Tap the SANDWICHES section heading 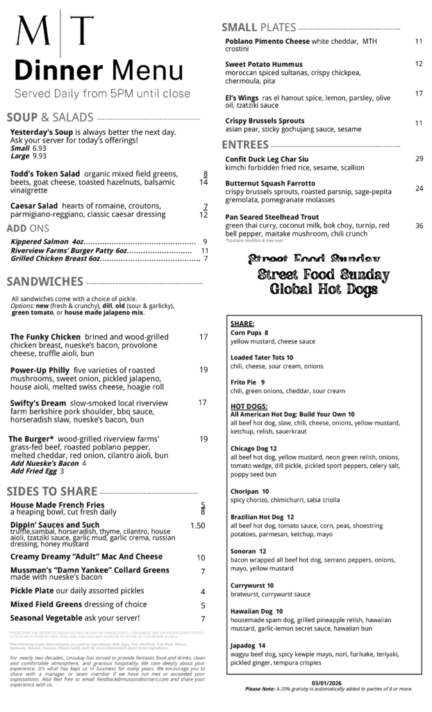point(45,282)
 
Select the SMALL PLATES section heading point(258,28)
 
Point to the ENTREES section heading point(244,145)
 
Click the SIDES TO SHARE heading point(51,492)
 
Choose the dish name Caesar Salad point(34,206)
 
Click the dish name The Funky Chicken point(45,337)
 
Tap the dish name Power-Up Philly point(40,370)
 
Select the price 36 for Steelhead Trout point(419,226)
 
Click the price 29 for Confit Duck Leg point(419,159)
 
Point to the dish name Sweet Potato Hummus point(264,64)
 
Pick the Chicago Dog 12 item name point(254,448)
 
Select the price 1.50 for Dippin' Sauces point(198,526)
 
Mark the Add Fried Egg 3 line point(38,471)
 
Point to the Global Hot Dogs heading point(324,289)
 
